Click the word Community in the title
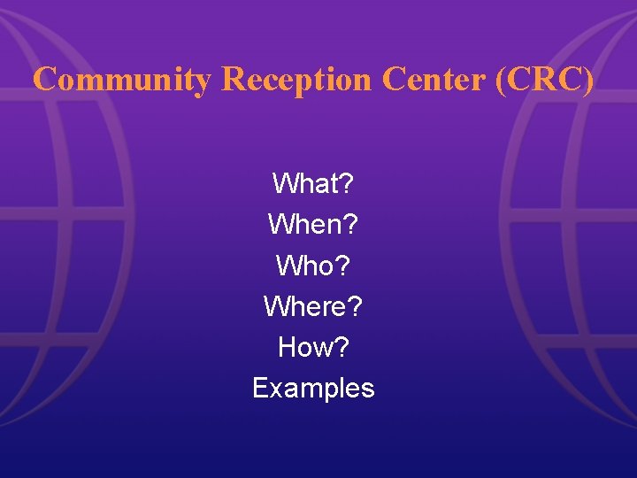pos(122,80)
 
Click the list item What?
pos(313,184)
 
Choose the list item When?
pos(313,225)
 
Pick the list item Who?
pos(313,266)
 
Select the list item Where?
pos(313,306)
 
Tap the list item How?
pos(313,347)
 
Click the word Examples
pos(313,388)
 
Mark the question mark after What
pos(347,184)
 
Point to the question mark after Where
pos(355,306)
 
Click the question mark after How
pos(342,347)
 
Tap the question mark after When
pos(351,225)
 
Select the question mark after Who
pos(343,266)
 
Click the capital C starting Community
pos(44,80)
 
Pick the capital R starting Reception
pos(233,80)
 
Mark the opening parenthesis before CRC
pos(503,81)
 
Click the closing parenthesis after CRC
pos(589,81)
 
